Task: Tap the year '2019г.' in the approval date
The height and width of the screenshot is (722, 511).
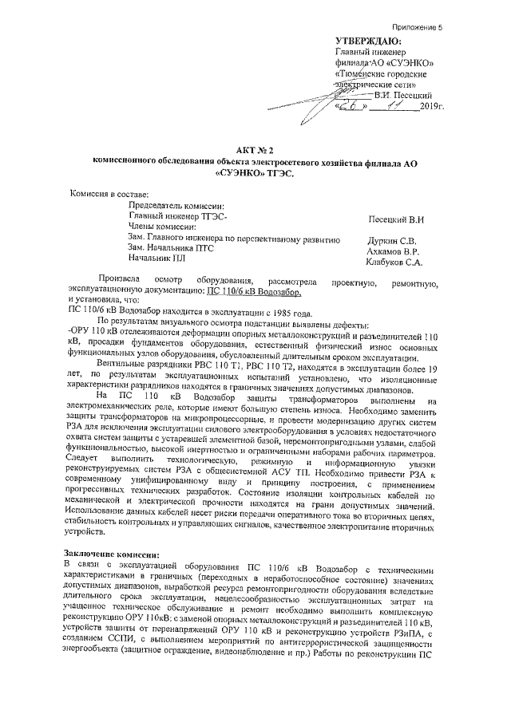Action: (431, 105)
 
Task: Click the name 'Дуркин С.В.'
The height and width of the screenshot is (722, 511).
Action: (394, 239)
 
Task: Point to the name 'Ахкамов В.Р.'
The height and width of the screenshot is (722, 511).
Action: (394, 250)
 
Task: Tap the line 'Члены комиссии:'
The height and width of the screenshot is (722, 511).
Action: (160, 227)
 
